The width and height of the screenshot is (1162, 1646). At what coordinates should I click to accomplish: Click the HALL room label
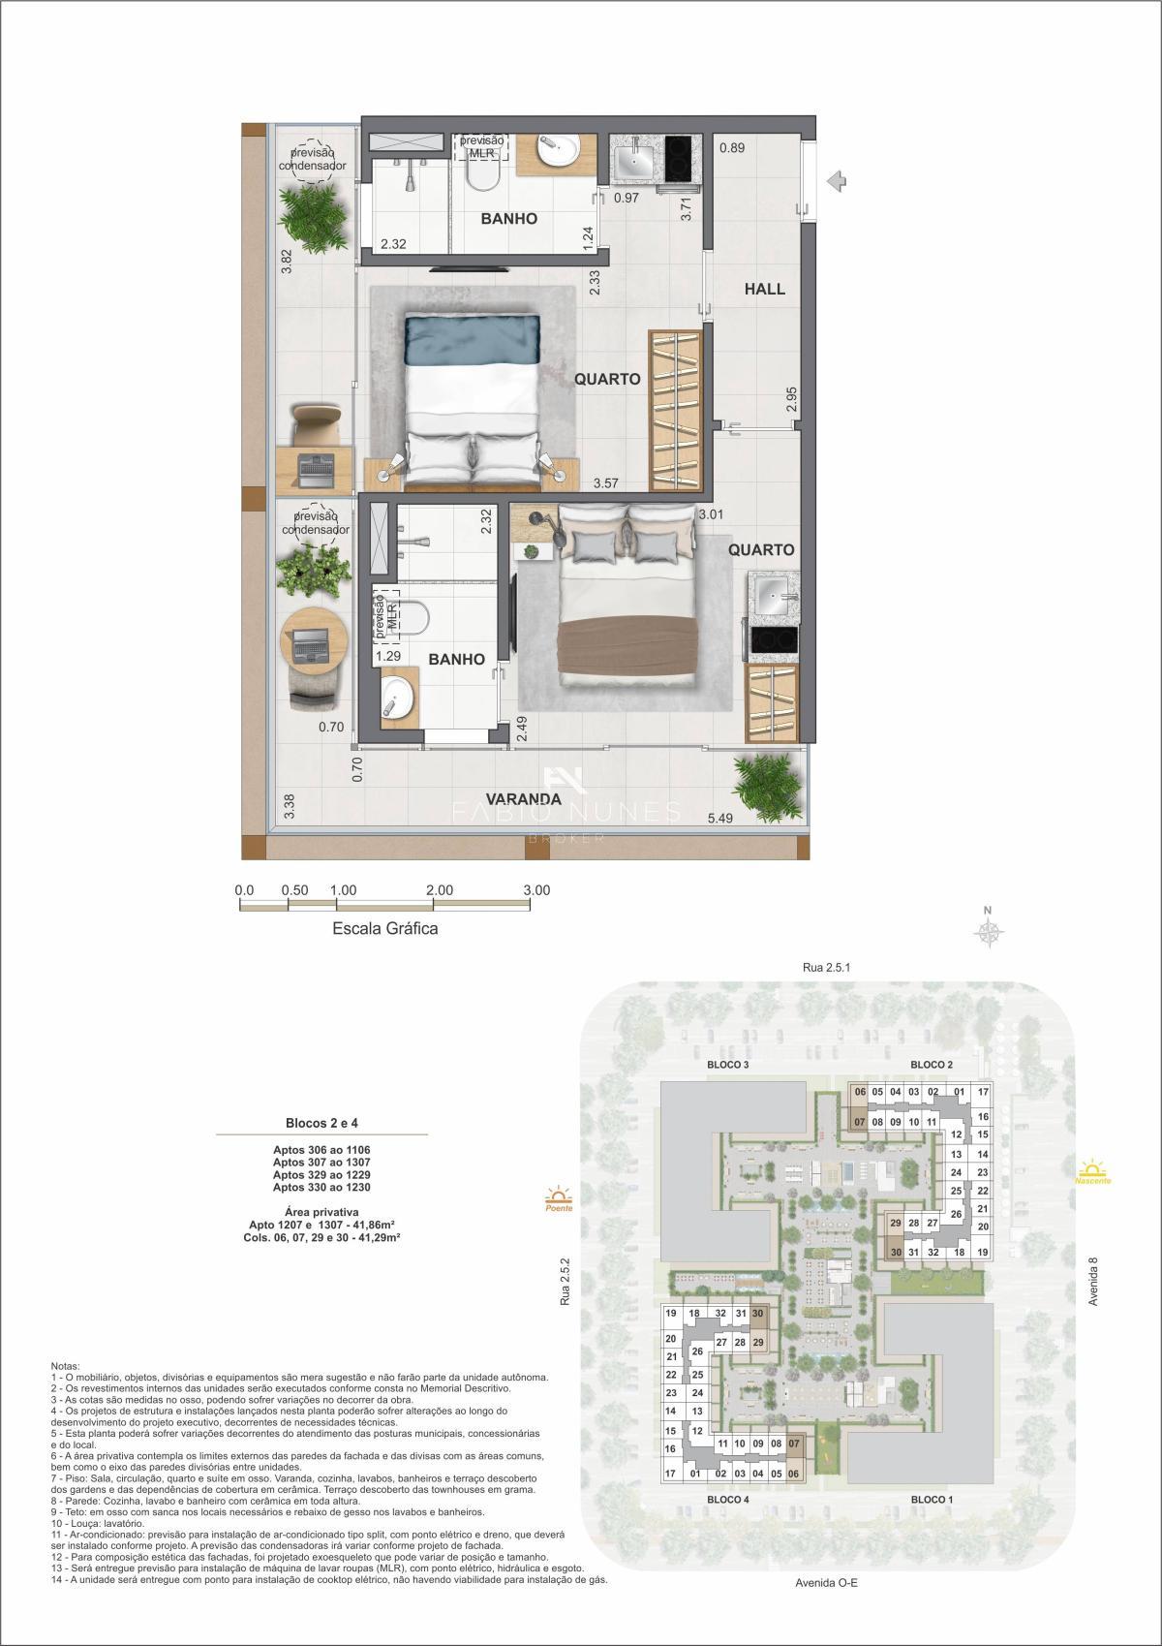click(764, 289)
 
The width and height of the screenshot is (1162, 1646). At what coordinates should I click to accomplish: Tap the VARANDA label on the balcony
click(524, 799)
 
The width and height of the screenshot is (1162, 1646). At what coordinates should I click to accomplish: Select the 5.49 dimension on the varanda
click(719, 819)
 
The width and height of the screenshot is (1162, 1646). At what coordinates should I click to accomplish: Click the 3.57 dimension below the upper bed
click(606, 482)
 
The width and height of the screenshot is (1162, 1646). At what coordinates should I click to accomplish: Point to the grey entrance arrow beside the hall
click(838, 180)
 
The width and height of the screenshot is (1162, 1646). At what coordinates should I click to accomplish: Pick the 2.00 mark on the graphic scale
click(439, 890)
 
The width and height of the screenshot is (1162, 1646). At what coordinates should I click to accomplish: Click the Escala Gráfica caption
click(385, 928)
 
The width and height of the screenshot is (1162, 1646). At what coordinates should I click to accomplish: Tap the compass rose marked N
click(989, 931)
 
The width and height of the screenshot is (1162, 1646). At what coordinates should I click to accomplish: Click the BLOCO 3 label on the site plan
click(728, 1065)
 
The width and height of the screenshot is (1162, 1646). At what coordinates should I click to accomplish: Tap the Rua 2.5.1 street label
click(826, 967)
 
